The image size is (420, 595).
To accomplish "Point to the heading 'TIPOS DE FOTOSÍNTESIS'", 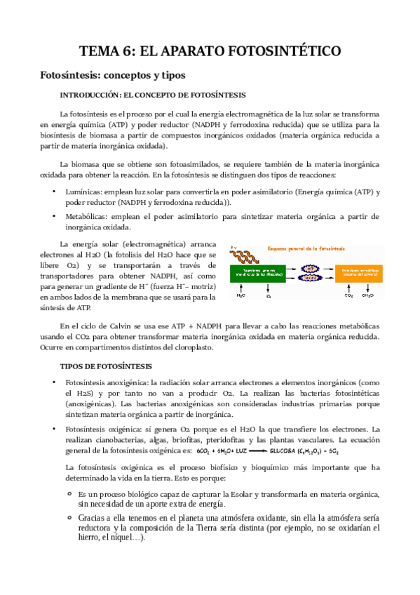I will pos(106,366).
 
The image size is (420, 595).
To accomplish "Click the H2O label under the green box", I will pos(241,296).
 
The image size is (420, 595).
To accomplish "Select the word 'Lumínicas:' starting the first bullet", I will pos(83,192).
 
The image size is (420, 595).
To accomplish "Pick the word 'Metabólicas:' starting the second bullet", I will pos(88,217).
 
